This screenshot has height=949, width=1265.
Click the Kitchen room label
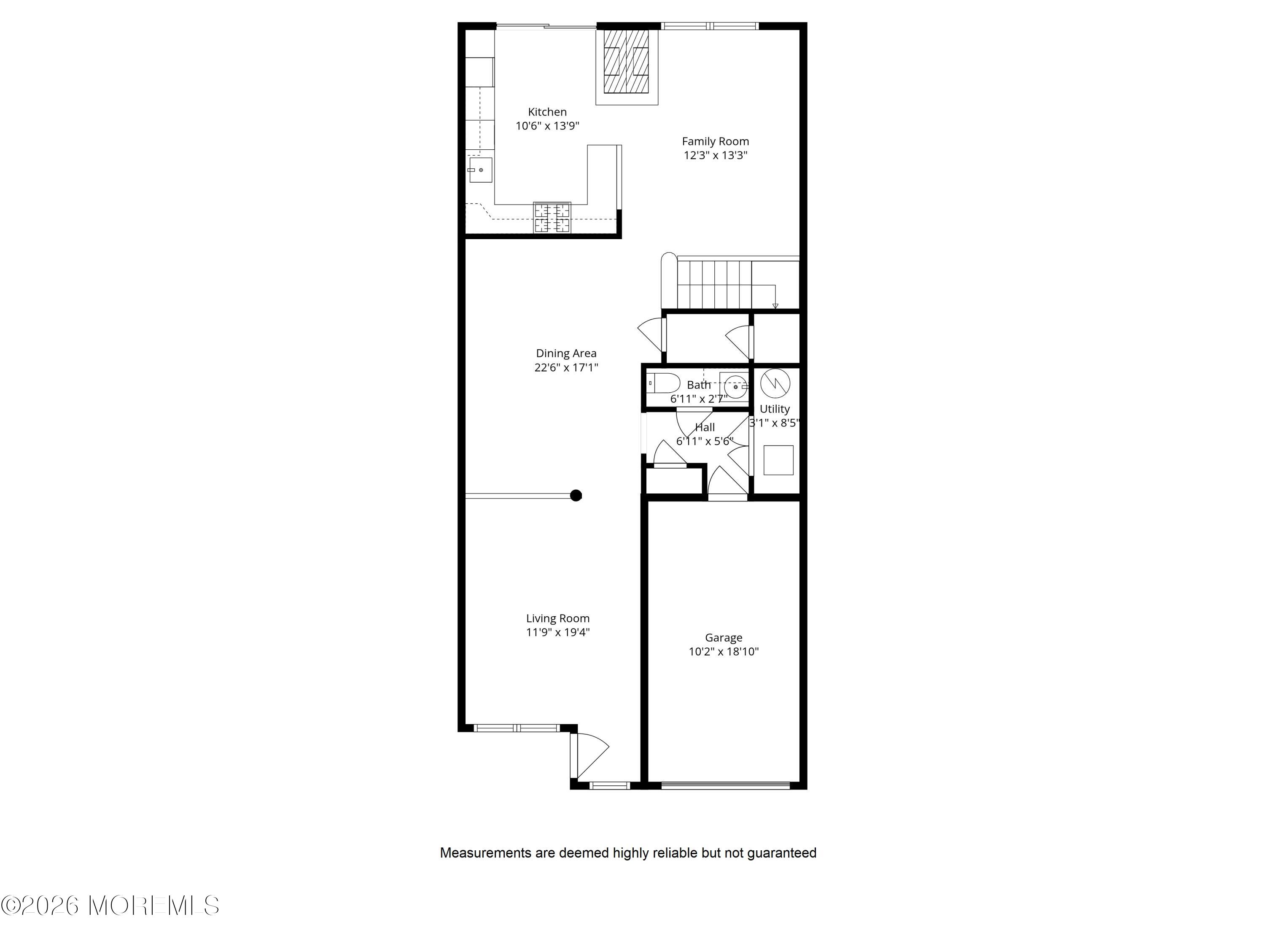coord(547,112)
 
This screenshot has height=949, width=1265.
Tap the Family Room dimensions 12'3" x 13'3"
coord(716,155)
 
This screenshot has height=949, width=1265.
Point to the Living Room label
coord(557,618)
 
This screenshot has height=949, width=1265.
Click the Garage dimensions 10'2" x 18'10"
coord(724,652)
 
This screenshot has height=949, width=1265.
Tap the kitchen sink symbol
coord(480,170)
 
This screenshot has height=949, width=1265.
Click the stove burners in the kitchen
coord(552,218)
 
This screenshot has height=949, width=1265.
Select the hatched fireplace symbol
coord(627,61)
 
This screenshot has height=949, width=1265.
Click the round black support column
coord(576,496)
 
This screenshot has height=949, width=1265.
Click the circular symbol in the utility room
coord(775,384)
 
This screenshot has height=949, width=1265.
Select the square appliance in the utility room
coord(778,460)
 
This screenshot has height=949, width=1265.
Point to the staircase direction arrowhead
coord(775,306)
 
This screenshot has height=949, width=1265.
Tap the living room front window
coord(517,728)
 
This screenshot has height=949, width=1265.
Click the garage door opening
coord(726,785)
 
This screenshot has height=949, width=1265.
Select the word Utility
coord(774,409)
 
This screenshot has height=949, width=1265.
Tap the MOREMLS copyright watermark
coord(110,906)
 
